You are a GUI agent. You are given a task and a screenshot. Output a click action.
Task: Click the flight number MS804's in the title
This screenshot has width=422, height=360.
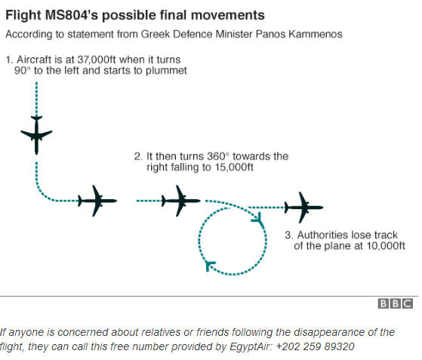tap(72, 15)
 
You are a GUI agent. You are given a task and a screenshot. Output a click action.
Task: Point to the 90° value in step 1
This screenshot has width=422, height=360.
tap(23, 70)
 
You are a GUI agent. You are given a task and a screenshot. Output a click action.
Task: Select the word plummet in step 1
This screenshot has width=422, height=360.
tap(166, 71)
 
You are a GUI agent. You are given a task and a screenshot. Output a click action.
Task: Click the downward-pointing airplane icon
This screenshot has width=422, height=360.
tap(36, 135)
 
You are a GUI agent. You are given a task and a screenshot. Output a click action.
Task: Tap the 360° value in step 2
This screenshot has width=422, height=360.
tap(218, 156)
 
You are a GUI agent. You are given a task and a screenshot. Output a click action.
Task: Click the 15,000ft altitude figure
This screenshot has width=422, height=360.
tap(234, 167)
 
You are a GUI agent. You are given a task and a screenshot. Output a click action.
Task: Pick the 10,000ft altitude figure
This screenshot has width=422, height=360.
tap(386, 246)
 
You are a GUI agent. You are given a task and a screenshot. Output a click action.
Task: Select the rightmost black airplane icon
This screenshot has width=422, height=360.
tap(304, 208)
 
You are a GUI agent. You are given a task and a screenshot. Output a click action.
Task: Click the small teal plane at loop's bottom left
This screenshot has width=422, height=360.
tap(210, 266)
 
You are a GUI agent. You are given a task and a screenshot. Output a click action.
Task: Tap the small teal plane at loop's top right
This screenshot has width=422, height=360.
tap(257, 218)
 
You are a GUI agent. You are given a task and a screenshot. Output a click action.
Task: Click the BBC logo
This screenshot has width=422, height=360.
tap(396, 303)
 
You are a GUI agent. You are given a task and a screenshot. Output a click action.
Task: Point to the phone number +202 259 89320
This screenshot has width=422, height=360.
tap(315, 346)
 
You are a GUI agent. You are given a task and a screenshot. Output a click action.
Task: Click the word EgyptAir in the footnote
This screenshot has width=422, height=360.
tap(249, 347)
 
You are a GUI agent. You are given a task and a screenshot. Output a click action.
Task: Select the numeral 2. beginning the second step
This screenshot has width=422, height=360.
tap(138, 156)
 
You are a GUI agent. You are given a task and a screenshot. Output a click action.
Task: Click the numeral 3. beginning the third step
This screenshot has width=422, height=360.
tap(289, 235)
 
